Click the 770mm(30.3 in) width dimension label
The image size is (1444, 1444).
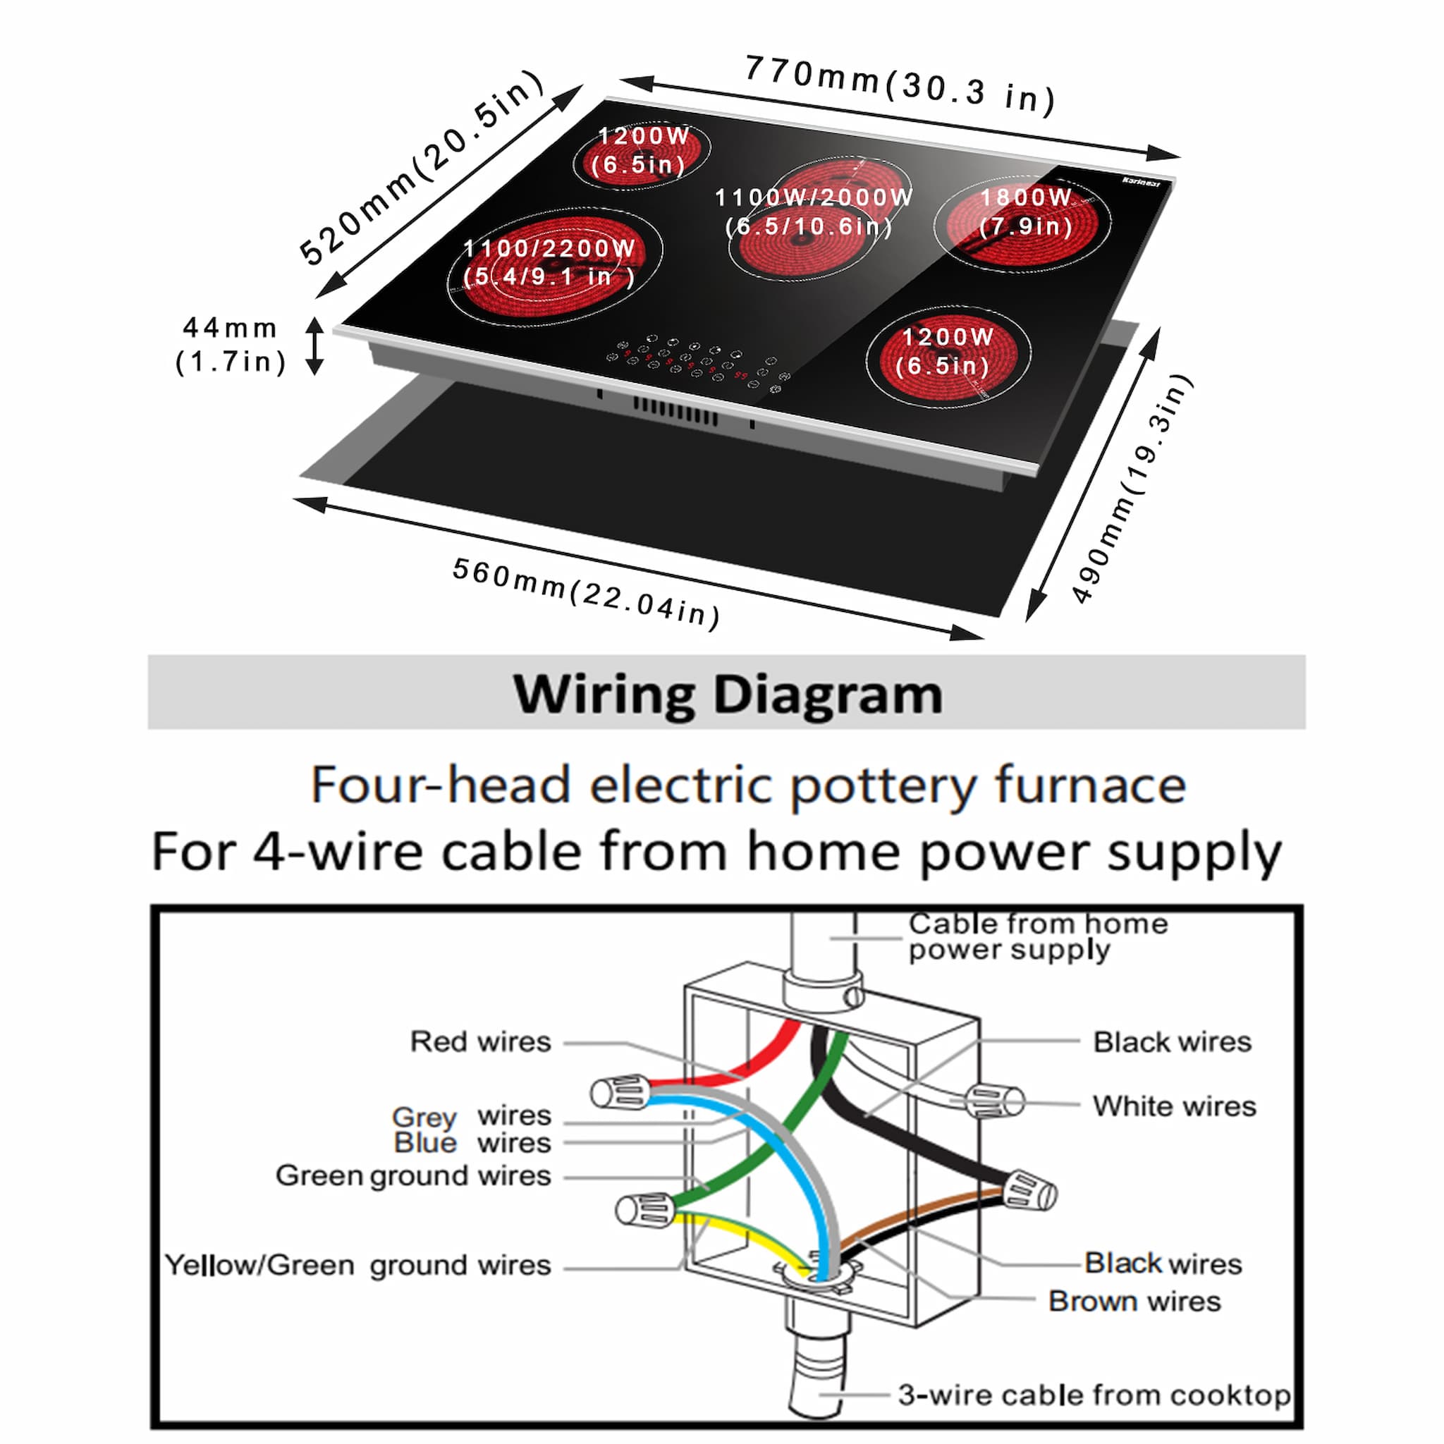coord(900,85)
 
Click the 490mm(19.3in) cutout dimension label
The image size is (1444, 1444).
coord(1132,489)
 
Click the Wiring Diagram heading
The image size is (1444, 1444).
coord(726,695)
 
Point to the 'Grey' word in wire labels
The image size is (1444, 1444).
coord(424,1117)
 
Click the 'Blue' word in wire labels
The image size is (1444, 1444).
coord(425,1143)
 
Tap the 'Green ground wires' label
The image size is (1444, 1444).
coord(413,1175)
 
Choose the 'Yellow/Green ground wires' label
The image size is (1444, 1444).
coord(357,1265)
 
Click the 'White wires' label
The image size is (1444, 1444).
coord(1173,1106)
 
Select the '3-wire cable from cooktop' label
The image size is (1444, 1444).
coord(1094,1395)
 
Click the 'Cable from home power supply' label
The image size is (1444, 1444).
coord(1037,936)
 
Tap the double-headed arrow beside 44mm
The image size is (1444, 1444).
coord(314,346)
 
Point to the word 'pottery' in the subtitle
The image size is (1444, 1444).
coord(883,785)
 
